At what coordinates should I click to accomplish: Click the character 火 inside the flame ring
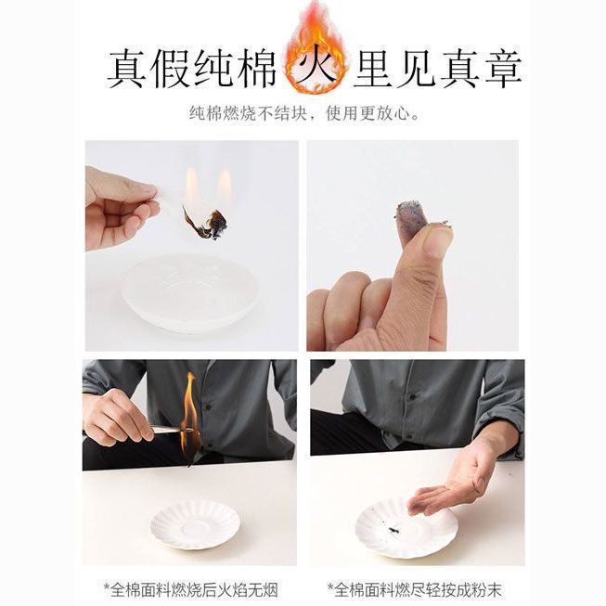pyautogui.click(x=316, y=70)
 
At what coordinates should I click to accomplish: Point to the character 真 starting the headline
pyautogui.click(x=127, y=70)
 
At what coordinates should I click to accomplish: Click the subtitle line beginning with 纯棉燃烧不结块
pyautogui.click(x=304, y=113)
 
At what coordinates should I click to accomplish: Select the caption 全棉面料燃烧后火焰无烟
pyautogui.click(x=191, y=590)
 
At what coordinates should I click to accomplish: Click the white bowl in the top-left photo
pyautogui.click(x=190, y=292)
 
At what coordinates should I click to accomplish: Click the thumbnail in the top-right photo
pyautogui.click(x=437, y=241)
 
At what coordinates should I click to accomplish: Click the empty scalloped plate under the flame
pyautogui.click(x=194, y=524)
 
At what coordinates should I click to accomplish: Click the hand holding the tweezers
pyautogui.click(x=117, y=417)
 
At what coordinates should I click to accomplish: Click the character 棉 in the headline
pyautogui.click(x=256, y=70)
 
